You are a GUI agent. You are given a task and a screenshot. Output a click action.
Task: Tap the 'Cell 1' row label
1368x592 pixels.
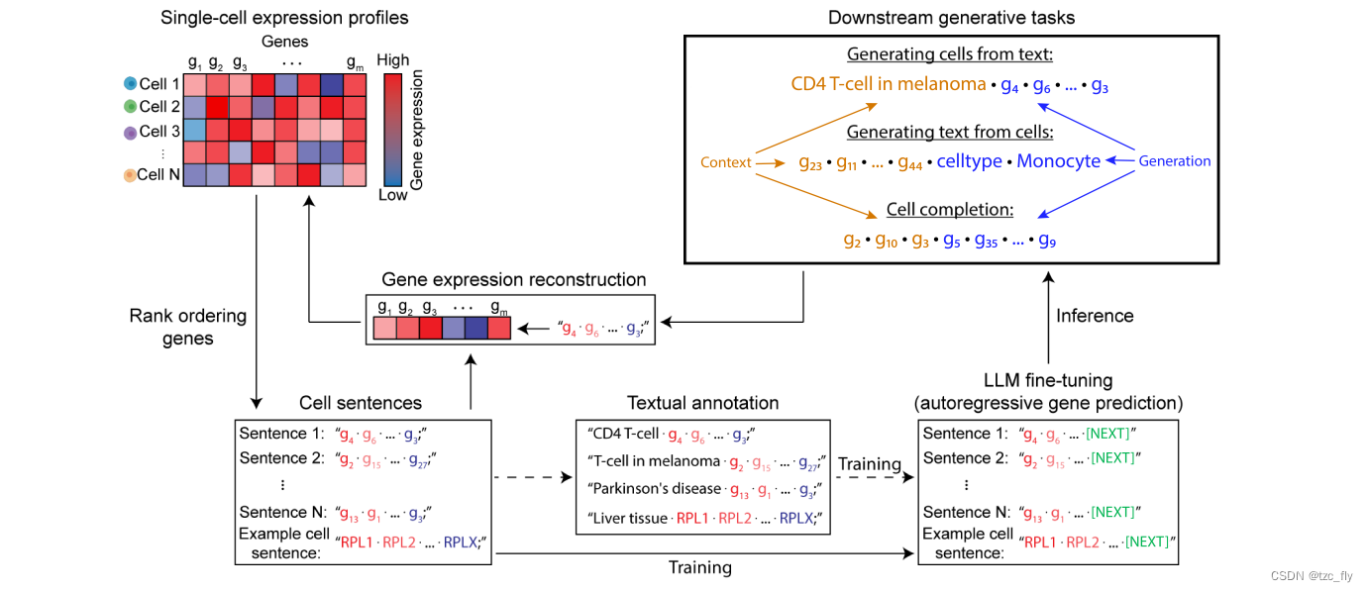point(159,84)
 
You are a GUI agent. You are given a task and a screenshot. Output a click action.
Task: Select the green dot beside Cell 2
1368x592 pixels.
point(130,107)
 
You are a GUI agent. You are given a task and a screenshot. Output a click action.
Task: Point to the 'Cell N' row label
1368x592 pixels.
point(158,175)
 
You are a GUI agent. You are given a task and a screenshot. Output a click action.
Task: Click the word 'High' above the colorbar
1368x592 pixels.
point(392,60)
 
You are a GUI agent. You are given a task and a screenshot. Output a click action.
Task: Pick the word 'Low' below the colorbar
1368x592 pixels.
point(392,195)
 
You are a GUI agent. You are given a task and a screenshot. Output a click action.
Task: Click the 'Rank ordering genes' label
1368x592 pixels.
point(187,328)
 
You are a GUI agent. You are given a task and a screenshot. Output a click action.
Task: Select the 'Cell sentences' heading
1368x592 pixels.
point(361,403)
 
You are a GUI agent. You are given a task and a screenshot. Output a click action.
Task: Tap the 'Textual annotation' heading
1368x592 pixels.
point(702,403)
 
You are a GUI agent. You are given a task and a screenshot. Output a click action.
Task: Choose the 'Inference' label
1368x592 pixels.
point(1095,316)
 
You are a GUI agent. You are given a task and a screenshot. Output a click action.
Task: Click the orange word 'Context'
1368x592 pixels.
point(726,162)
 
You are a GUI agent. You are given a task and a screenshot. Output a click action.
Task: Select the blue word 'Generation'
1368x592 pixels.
point(1175,161)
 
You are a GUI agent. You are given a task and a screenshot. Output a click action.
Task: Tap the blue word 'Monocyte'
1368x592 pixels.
point(1058,161)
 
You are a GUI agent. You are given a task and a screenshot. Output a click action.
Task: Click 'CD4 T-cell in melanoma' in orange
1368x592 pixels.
point(889,85)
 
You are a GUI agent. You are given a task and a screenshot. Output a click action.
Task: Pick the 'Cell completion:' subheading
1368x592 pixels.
point(950,210)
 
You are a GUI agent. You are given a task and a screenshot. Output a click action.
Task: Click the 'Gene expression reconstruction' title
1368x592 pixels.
point(513,280)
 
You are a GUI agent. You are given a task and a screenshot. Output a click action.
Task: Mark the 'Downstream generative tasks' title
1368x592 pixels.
point(951,17)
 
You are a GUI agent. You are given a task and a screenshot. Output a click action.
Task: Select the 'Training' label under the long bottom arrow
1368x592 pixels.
point(699,567)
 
